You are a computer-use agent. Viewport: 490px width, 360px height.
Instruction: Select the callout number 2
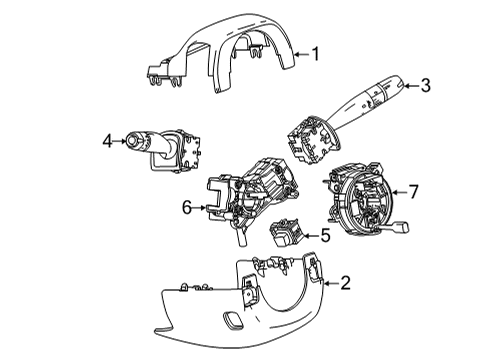tap(345, 283)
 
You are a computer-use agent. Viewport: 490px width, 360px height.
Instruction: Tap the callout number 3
tap(425, 86)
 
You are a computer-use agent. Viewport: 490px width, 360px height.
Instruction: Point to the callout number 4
tap(106, 142)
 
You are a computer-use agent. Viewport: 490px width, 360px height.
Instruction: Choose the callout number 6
tap(187, 207)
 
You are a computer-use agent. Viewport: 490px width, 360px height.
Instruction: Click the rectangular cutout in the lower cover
tap(233, 322)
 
